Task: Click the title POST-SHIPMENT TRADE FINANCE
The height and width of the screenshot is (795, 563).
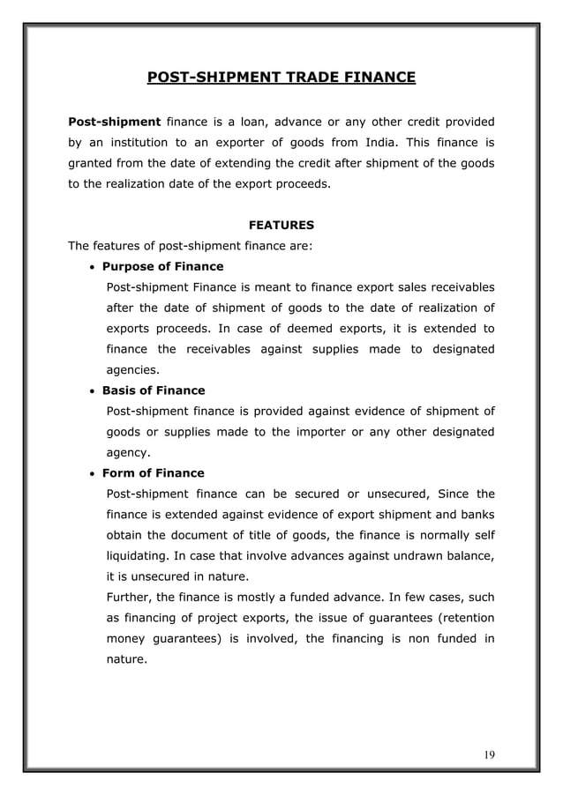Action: [281, 78]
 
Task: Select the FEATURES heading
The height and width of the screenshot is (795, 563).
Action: [281, 225]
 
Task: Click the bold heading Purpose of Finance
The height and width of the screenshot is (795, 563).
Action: [162, 266]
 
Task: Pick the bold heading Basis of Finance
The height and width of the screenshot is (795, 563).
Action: [154, 390]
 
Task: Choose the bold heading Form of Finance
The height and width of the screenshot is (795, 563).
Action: [153, 473]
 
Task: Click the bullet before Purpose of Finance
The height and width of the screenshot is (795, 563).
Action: [93, 267]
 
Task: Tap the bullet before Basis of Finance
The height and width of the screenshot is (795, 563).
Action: [93, 391]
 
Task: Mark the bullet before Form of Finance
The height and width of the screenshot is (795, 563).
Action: [93, 474]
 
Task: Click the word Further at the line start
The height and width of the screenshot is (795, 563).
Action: [128, 598]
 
